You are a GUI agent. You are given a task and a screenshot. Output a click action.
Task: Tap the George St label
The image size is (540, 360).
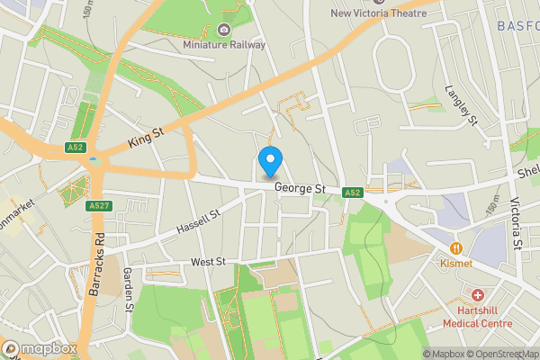point(300,189)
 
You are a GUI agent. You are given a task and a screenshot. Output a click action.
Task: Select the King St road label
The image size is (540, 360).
point(145,138)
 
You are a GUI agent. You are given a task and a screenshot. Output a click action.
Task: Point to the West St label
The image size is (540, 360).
point(207,263)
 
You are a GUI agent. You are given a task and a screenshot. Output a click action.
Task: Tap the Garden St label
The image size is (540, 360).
point(129,289)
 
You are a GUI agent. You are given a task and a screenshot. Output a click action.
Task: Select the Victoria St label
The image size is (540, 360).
point(516,223)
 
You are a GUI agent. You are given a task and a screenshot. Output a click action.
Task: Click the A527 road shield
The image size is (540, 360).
point(98,206)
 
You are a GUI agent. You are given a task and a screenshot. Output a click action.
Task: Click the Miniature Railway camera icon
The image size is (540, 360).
point(224,29)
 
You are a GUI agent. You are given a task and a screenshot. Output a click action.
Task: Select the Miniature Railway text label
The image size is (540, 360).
point(224,44)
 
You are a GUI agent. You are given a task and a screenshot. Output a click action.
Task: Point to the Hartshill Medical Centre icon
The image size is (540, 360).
point(477,295)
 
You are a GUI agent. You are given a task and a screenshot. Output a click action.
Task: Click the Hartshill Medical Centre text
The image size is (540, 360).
point(477,316)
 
